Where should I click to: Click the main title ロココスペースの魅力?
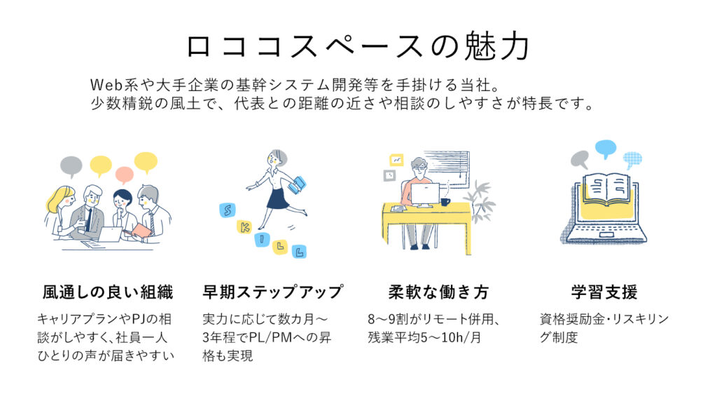coord(358,47)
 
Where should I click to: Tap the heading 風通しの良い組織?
coord(108,292)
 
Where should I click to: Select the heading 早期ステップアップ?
coord(272,292)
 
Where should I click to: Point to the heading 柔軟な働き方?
coord(438,292)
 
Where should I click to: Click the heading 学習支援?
coord(604,292)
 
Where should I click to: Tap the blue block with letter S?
coord(228,210)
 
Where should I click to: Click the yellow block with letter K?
coord(244,226)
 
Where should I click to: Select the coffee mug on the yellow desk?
coord(445,202)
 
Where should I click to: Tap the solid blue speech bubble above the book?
coord(606,149)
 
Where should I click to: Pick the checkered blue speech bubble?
coord(632,160)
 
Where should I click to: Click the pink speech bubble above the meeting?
coord(125,175)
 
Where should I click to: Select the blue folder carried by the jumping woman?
coord(297,184)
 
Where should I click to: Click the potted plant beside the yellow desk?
coord(480,202)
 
